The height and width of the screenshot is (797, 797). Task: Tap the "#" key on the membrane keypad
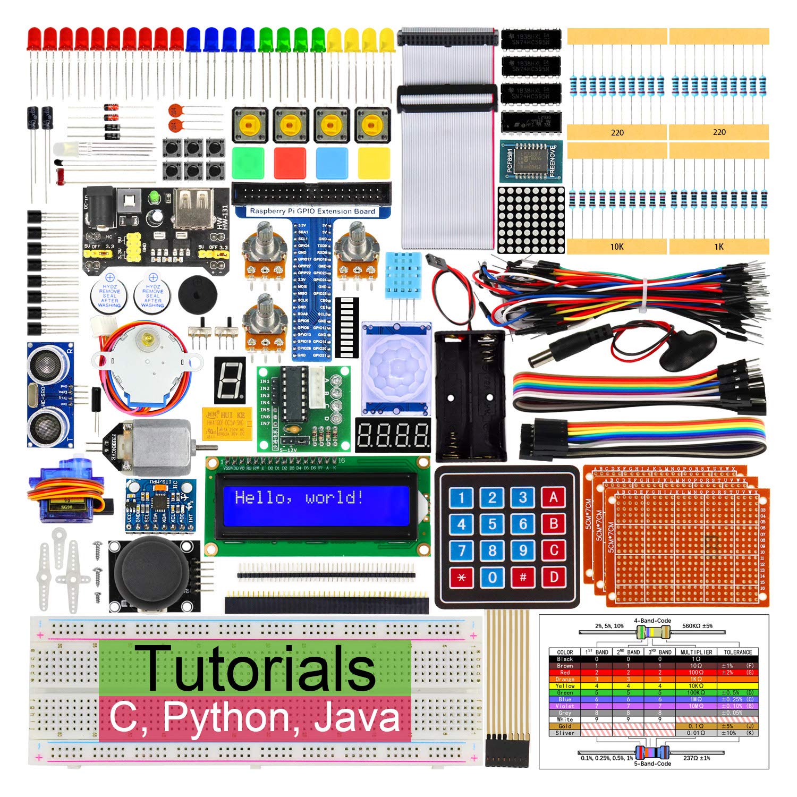tap(523, 576)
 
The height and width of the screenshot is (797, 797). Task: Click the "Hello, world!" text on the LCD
tap(299, 498)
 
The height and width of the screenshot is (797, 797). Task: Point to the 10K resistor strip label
tap(617, 247)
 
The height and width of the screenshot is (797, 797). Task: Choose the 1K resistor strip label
tap(719, 247)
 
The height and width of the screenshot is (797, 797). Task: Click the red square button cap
tap(290, 163)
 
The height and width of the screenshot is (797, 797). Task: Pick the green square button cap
tap(248, 163)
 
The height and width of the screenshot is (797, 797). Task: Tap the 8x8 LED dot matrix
tap(531, 219)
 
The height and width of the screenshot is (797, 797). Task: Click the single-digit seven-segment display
tap(230, 380)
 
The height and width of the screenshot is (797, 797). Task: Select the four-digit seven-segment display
tap(393, 435)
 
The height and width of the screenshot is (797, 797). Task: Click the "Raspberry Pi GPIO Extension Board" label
tap(312, 211)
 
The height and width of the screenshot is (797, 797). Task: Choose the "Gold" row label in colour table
tap(565, 726)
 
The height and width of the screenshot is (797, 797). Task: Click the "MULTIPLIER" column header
tap(696, 652)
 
